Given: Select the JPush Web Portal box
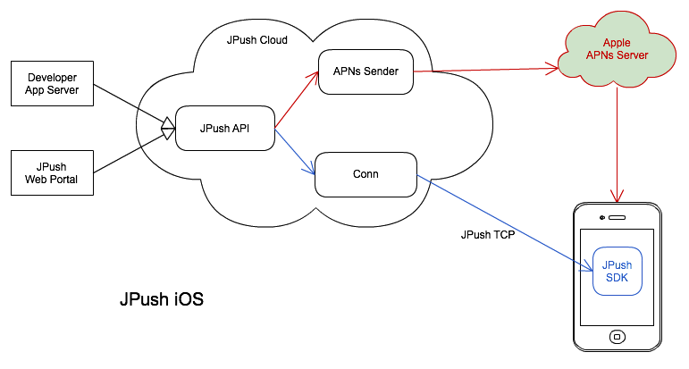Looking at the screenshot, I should tap(52, 172).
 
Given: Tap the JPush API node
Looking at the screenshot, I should tap(224, 129).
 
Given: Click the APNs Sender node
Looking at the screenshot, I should tap(366, 71).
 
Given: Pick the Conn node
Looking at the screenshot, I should tap(366, 173).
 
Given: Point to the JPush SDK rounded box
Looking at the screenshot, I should tap(617, 271).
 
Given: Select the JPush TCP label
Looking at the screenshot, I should tap(487, 236).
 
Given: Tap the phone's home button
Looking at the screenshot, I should tap(617, 337).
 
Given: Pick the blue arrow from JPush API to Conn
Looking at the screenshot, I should tap(296, 153).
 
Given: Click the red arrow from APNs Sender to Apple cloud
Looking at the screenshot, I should tap(487, 68).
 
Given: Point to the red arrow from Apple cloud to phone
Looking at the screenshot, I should tap(617, 143).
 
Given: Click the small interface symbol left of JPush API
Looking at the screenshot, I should tap(167, 129).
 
